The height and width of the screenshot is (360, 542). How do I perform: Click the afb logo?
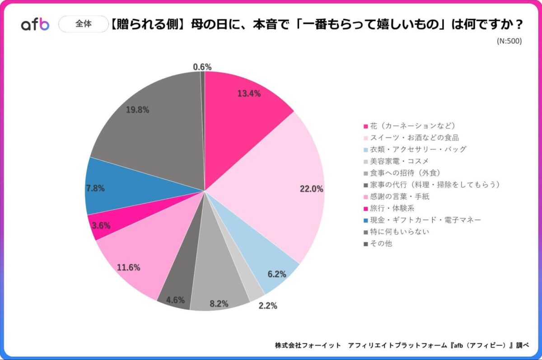[x=35, y=25]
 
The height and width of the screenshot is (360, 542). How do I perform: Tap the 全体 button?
[x=84, y=24]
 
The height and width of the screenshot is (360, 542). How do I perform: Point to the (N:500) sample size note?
[x=509, y=41]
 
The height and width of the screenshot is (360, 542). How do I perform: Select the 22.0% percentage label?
[x=311, y=189]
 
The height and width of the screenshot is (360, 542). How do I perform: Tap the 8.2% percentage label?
[x=219, y=304]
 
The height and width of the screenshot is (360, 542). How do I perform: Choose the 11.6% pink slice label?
[x=128, y=267]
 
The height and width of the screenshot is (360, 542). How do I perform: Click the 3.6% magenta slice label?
[x=101, y=225]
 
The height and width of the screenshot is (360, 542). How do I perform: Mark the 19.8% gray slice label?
[x=137, y=110]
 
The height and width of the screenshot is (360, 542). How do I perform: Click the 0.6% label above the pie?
[x=202, y=67]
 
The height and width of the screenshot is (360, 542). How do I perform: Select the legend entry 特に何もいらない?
[x=397, y=232]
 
